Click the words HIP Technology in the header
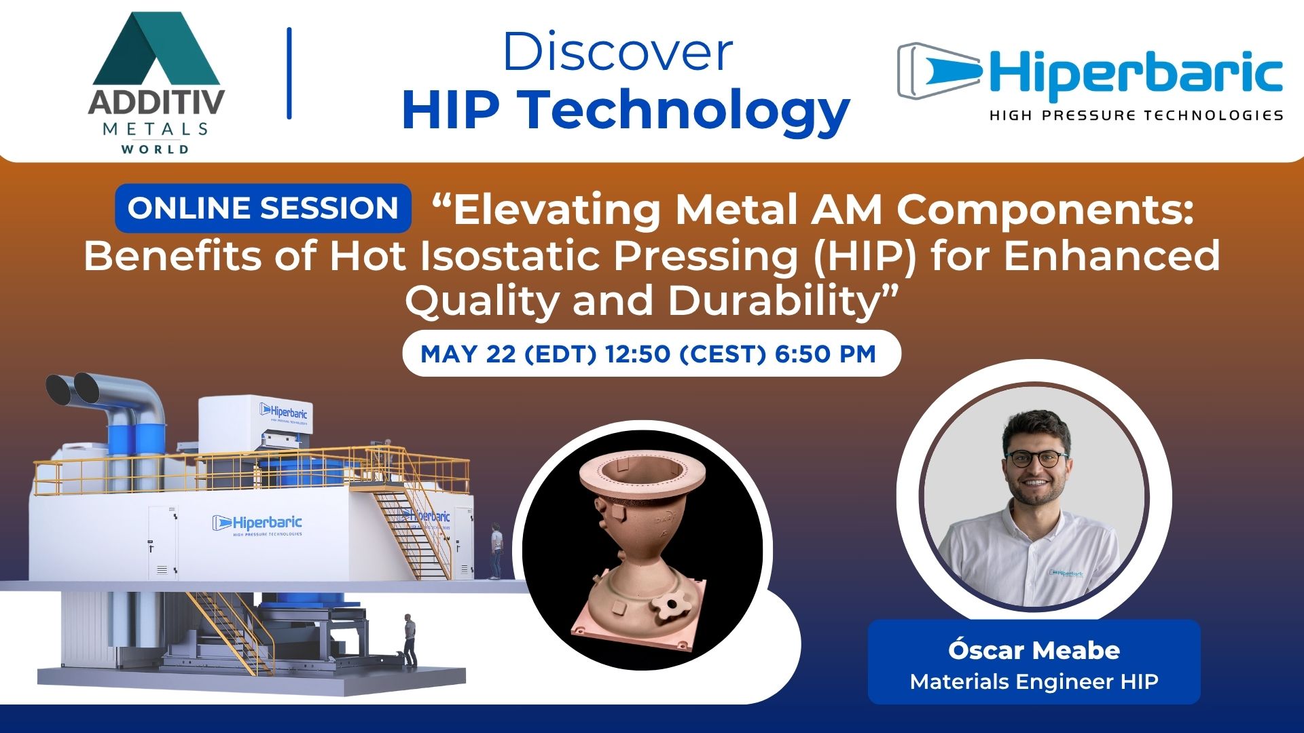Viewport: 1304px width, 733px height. [626, 111]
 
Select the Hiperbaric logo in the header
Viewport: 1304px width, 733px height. [1090, 81]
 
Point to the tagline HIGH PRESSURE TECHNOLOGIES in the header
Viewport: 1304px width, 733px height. [1136, 115]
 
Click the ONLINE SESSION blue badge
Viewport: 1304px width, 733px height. [263, 208]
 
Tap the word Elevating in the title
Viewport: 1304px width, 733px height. [556, 210]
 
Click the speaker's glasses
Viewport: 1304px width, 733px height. [1036, 459]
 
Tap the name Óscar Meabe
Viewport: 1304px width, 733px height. [1034, 650]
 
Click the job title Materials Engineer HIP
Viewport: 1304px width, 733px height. [1034, 681]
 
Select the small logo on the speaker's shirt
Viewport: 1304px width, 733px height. [1066, 574]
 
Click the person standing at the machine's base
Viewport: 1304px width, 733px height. [410, 640]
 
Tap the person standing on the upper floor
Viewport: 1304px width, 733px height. [497, 550]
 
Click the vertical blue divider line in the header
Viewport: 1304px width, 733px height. [289, 73]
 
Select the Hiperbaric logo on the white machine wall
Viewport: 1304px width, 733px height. [257, 525]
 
